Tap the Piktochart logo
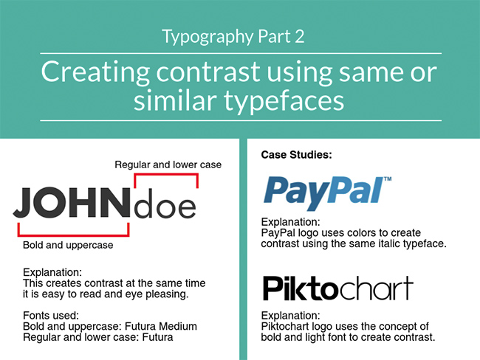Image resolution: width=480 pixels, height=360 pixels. point(337,288)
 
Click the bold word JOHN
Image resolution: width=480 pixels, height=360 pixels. point(70,204)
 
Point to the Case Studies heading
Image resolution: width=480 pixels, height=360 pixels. point(296,156)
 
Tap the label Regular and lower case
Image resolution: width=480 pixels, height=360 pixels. point(168,164)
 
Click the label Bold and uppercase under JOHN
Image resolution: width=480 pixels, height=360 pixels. point(68,245)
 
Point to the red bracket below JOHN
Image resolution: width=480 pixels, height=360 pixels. point(72,234)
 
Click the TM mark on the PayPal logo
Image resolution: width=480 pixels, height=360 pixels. point(387,179)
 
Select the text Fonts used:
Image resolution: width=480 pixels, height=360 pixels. point(54,315)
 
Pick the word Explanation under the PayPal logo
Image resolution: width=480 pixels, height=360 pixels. point(291,221)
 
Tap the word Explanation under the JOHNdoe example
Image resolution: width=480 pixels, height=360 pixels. point(52,272)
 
